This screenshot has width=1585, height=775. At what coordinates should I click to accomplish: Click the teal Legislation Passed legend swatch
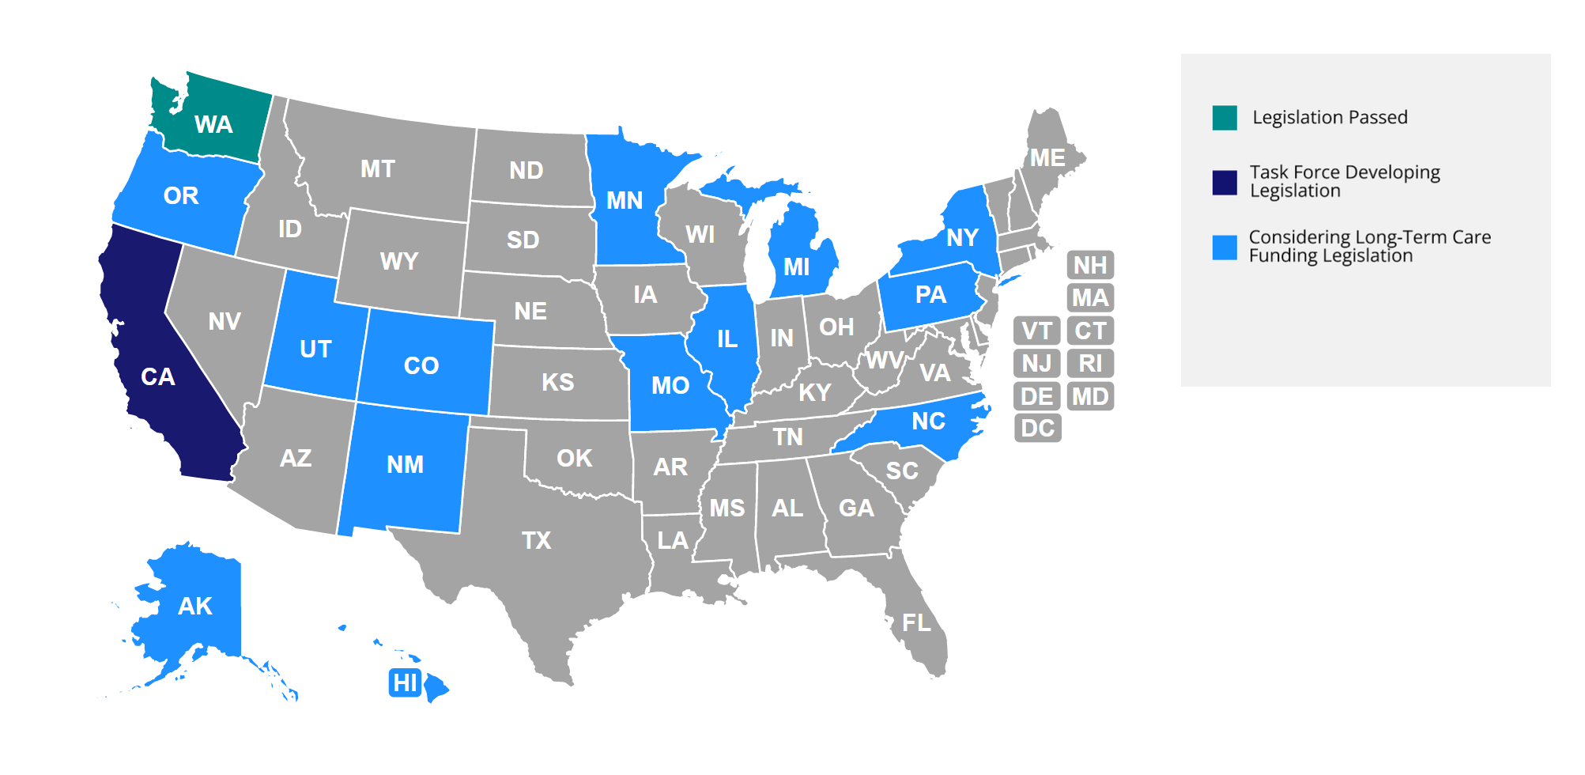point(1225,118)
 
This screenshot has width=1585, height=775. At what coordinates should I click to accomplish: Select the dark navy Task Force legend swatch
point(1225,183)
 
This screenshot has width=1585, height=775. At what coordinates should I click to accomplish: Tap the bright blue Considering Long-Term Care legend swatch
point(1225,248)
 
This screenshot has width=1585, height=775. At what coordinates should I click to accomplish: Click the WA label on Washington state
point(213,125)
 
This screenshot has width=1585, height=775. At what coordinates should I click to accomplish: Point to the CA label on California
point(158,377)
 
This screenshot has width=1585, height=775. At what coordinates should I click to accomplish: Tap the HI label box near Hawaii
point(405,682)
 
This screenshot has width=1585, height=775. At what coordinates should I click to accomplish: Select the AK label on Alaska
point(195,607)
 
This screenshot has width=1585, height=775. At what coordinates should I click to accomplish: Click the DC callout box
point(1037,429)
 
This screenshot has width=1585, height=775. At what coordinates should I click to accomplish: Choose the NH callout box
point(1090,265)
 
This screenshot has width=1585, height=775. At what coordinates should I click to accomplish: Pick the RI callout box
point(1090,364)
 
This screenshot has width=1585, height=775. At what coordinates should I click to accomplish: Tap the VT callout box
point(1037,331)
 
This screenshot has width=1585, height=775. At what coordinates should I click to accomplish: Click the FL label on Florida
point(917,623)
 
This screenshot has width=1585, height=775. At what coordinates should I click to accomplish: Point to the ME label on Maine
point(1047,158)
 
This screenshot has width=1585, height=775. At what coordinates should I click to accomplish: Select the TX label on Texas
point(536,541)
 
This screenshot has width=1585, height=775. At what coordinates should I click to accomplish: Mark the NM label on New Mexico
point(405,465)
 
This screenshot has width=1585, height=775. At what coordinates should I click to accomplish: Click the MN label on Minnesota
point(625,201)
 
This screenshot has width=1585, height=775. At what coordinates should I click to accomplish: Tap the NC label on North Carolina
point(928,422)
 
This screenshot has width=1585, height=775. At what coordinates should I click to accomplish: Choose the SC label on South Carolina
point(902,471)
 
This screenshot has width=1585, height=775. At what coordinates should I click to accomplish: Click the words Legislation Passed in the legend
point(1330,118)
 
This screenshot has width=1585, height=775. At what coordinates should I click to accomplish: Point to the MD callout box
point(1090,396)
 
